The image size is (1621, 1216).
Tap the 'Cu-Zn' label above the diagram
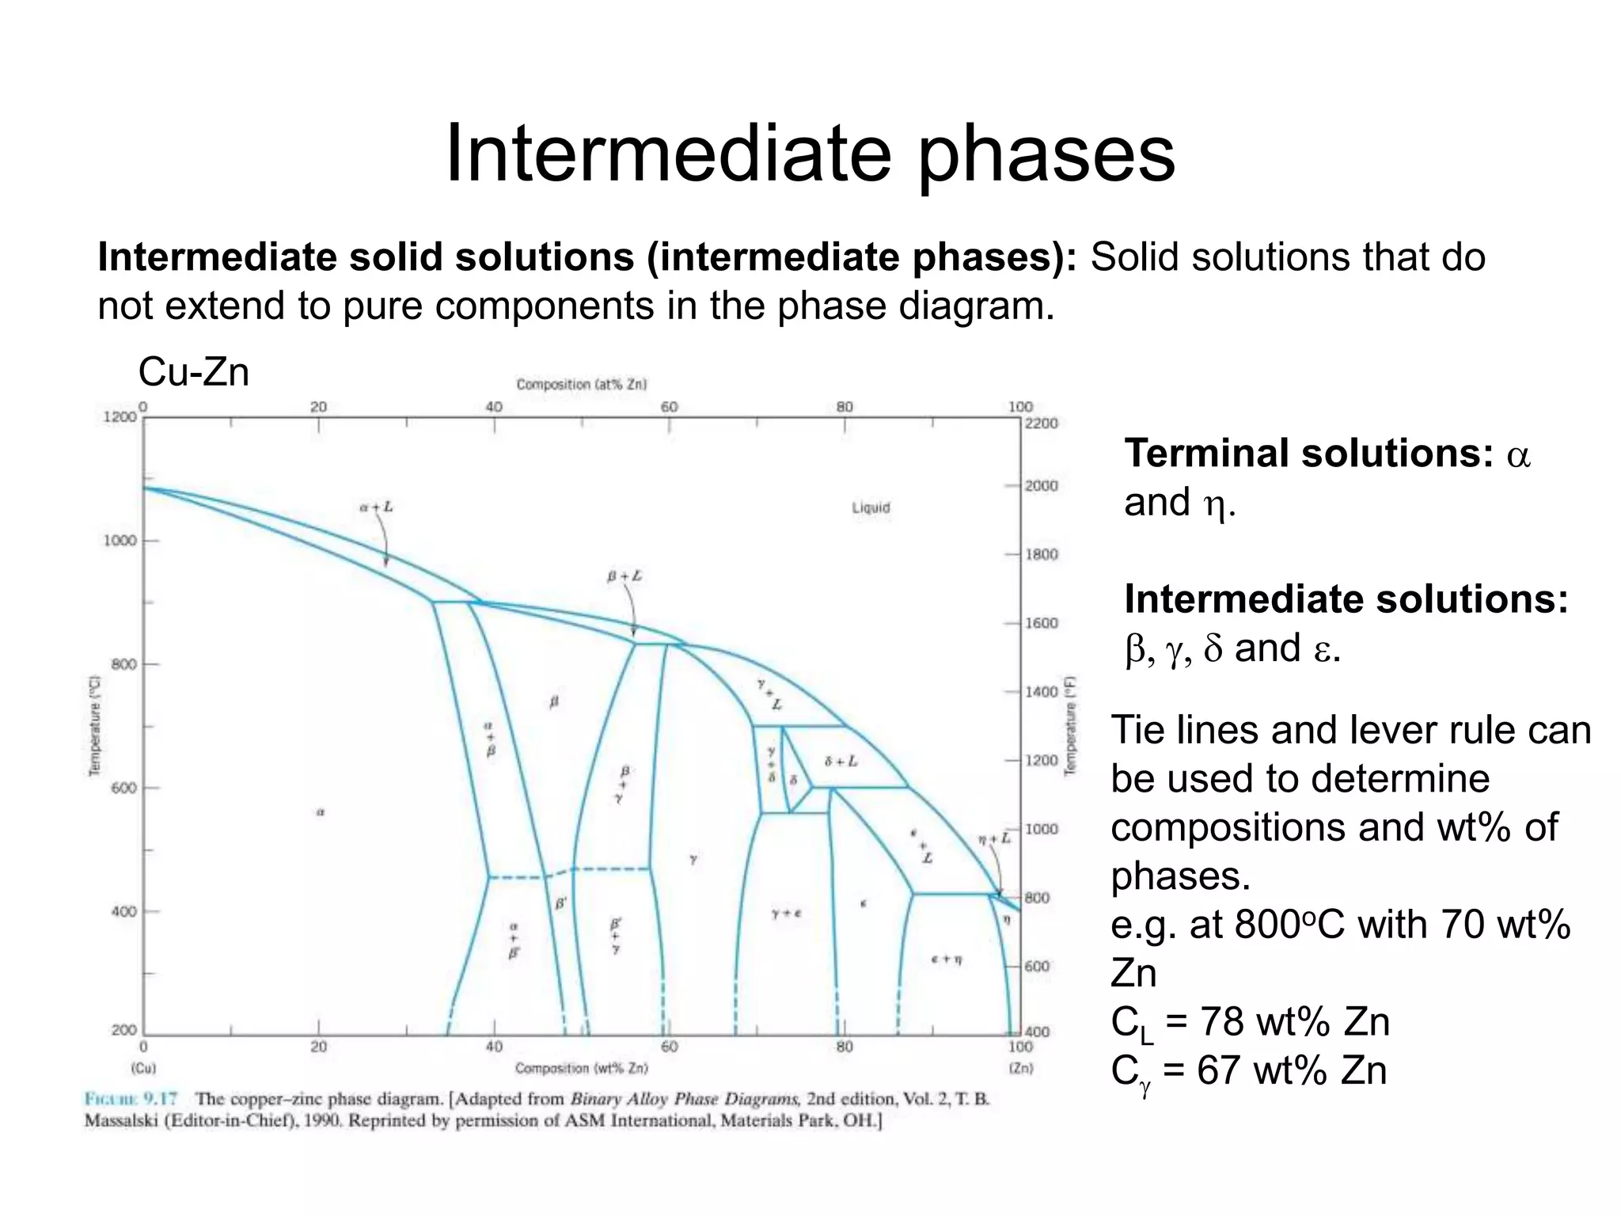(x=194, y=371)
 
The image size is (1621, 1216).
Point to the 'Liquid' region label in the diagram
(x=871, y=507)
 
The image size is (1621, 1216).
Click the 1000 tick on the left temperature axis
(x=120, y=541)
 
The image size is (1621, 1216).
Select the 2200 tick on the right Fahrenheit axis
(x=1042, y=424)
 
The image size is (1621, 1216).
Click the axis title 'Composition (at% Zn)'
(x=582, y=384)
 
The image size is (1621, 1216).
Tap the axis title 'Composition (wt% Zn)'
(x=582, y=1068)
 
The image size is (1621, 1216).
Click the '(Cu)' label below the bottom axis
(x=143, y=1068)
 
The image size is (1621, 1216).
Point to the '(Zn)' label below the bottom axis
(x=1021, y=1068)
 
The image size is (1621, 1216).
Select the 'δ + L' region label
(x=841, y=762)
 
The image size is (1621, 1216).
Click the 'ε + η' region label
(x=947, y=959)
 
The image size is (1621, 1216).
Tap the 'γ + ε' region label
(x=787, y=913)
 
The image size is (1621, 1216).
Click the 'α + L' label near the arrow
(x=376, y=507)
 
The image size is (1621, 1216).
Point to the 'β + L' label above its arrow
(x=624, y=576)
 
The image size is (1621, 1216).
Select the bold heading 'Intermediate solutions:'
(x=1346, y=599)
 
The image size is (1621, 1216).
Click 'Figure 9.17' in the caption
(x=131, y=1099)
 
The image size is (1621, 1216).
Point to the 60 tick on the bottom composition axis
(x=669, y=1047)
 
